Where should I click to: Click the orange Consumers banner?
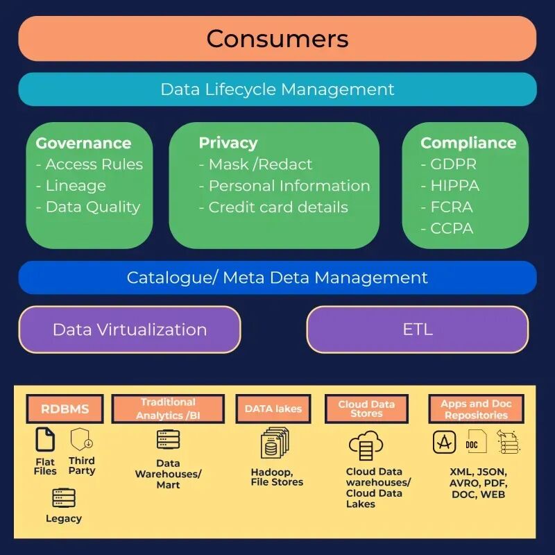pyautogui.click(x=277, y=38)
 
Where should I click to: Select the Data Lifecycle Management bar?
pyautogui.click(x=277, y=89)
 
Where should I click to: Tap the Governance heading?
pyautogui.click(x=83, y=143)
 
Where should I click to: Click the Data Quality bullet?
pyautogui.click(x=92, y=207)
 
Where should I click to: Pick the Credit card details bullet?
pyautogui.click(x=277, y=207)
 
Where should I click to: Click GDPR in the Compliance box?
pyautogui.click(x=452, y=164)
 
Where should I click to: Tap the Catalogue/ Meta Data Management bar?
pyautogui.click(x=277, y=277)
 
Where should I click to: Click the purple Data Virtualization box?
pyautogui.click(x=130, y=330)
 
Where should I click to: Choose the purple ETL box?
pyautogui.click(x=418, y=330)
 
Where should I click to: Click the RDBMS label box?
pyautogui.click(x=65, y=409)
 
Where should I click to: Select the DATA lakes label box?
pyautogui.click(x=273, y=409)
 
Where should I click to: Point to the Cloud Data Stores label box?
pyautogui.click(x=366, y=409)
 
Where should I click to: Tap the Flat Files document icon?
pyautogui.click(x=46, y=440)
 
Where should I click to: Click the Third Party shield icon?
pyautogui.click(x=82, y=439)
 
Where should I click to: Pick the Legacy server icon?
pyautogui.click(x=64, y=497)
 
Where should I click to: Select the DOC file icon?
pyautogui.click(x=475, y=442)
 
